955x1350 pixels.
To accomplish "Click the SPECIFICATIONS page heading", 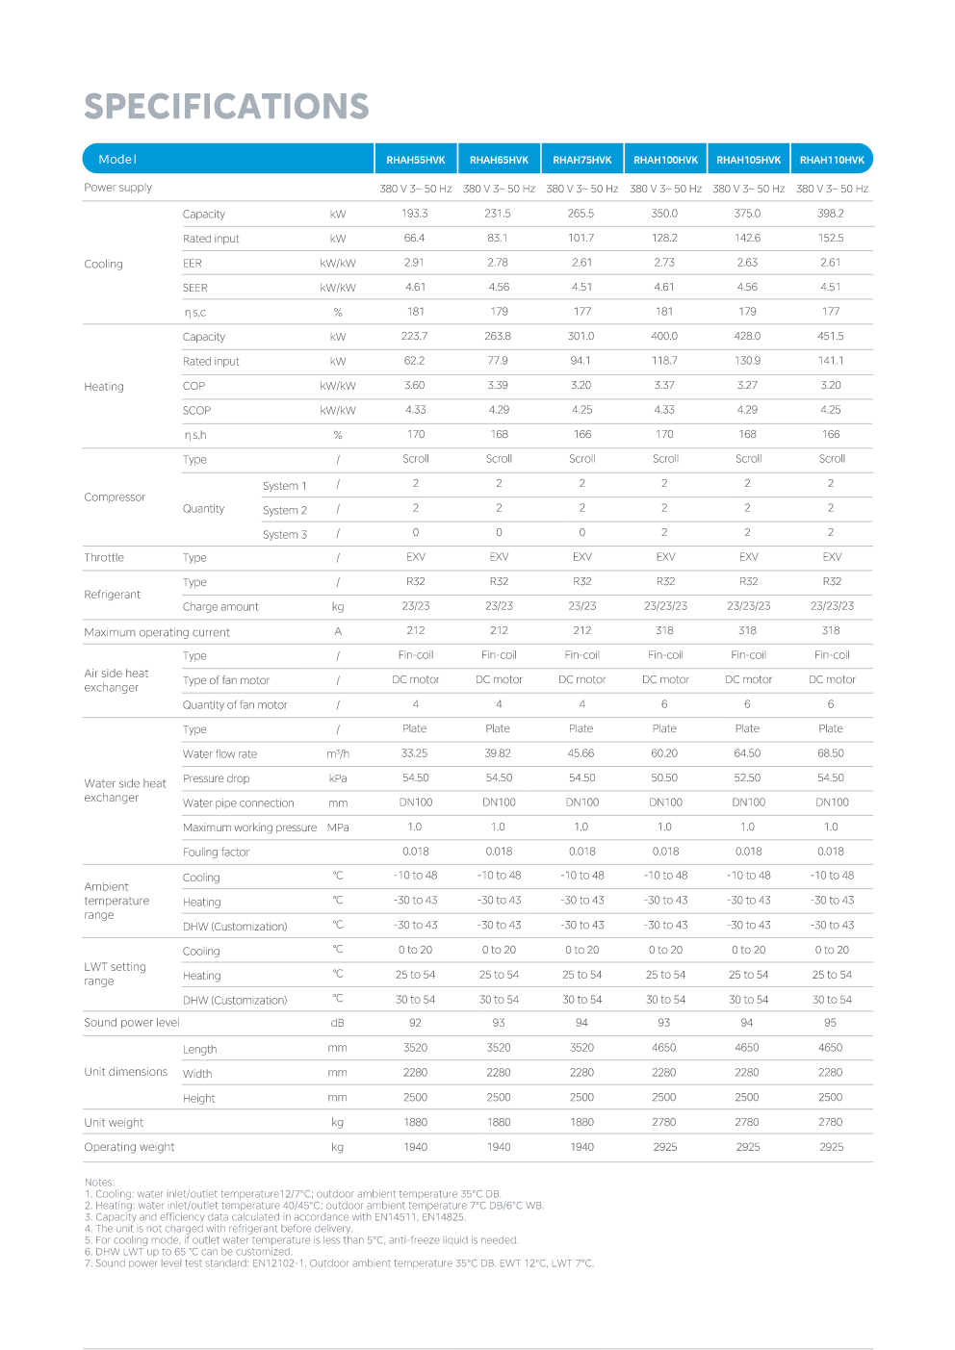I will click(x=226, y=107).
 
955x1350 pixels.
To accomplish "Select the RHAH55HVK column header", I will click(x=416, y=160).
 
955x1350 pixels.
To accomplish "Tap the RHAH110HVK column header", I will click(x=832, y=160).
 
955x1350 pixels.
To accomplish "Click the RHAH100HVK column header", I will click(x=665, y=160).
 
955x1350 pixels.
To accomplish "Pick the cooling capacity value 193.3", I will click(x=415, y=214).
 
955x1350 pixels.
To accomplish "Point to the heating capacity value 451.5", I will click(x=831, y=337).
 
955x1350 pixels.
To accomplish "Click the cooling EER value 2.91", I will click(x=415, y=263).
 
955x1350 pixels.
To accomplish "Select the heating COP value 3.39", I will click(x=499, y=386).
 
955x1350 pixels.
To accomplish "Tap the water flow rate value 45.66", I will click(x=581, y=754).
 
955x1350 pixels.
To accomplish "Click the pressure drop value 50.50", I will click(x=664, y=778).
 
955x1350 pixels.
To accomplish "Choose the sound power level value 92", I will click(x=415, y=1023).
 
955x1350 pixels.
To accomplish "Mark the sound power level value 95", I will click(x=831, y=1023).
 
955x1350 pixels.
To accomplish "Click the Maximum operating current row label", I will click(x=157, y=633).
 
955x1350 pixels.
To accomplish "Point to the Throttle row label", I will click(x=104, y=558).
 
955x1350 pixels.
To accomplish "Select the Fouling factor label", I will click(x=217, y=853).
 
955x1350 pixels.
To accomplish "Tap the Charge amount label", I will click(x=220, y=607).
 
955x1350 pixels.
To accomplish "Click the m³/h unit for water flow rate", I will click(x=338, y=754).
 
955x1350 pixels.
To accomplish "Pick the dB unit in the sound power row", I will click(x=338, y=1023).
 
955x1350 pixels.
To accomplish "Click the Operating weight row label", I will click(x=129, y=1147).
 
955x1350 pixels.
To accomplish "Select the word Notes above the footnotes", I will click(x=99, y=1183).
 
